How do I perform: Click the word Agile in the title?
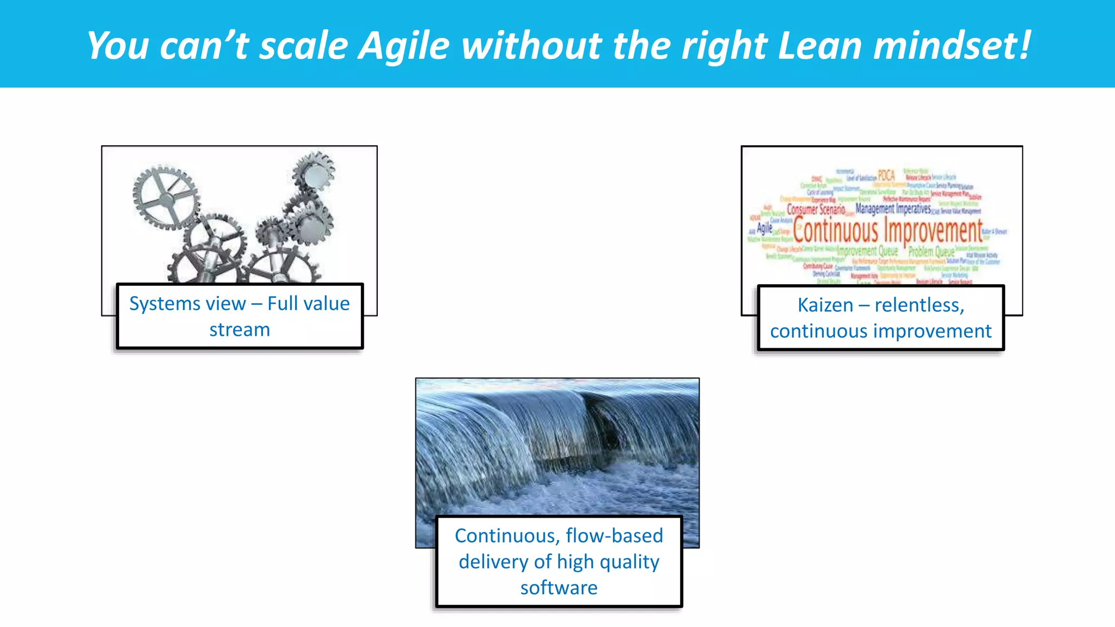(x=403, y=46)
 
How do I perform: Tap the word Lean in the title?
(x=820, y=46)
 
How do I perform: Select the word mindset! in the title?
(x=952, y=46)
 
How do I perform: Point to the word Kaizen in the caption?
(x=825, y=305)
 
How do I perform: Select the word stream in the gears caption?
(x=240, y=330)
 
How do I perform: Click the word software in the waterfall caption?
(x=559, y=588)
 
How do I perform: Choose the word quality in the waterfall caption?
(x=629, y=562)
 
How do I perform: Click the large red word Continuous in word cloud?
(x=835, y=231)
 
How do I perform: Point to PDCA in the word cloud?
(x=886, y=175)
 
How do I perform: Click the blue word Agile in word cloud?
(x=764, y=228)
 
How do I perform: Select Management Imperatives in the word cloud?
(x=893, y=208)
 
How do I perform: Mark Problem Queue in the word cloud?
(x=931, y=252)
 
